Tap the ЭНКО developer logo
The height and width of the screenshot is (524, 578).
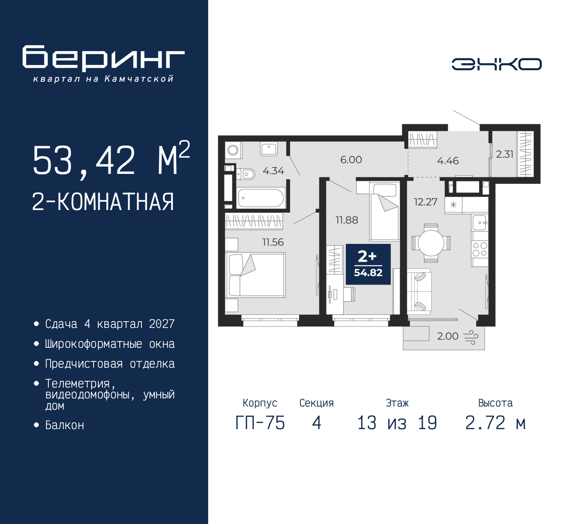pos(496,64)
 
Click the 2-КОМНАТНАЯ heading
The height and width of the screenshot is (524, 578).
pos(103,201)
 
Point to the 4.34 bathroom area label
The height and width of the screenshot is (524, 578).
pos(273,171)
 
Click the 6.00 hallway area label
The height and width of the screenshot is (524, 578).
pos(351,159)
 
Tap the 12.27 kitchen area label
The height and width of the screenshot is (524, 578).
pos(425,202)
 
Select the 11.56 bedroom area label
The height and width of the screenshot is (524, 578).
pos(273,242)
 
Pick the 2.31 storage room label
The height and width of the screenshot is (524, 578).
pos(504,154)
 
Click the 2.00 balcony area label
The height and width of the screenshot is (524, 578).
pos(447,336)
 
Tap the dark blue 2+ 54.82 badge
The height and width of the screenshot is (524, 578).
pos(368,264)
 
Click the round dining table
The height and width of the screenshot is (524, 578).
pos(431,243)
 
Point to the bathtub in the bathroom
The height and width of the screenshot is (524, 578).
pos(261,198)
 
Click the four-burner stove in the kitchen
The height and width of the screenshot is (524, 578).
pos(480,249)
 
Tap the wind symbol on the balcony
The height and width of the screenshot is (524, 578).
pos(471,337)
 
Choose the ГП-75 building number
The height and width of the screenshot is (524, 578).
pos(260,423)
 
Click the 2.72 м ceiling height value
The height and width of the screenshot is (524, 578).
pos(495,423)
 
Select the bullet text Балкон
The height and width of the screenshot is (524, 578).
pos(65,425)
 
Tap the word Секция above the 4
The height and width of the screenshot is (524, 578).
pos(316,403)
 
